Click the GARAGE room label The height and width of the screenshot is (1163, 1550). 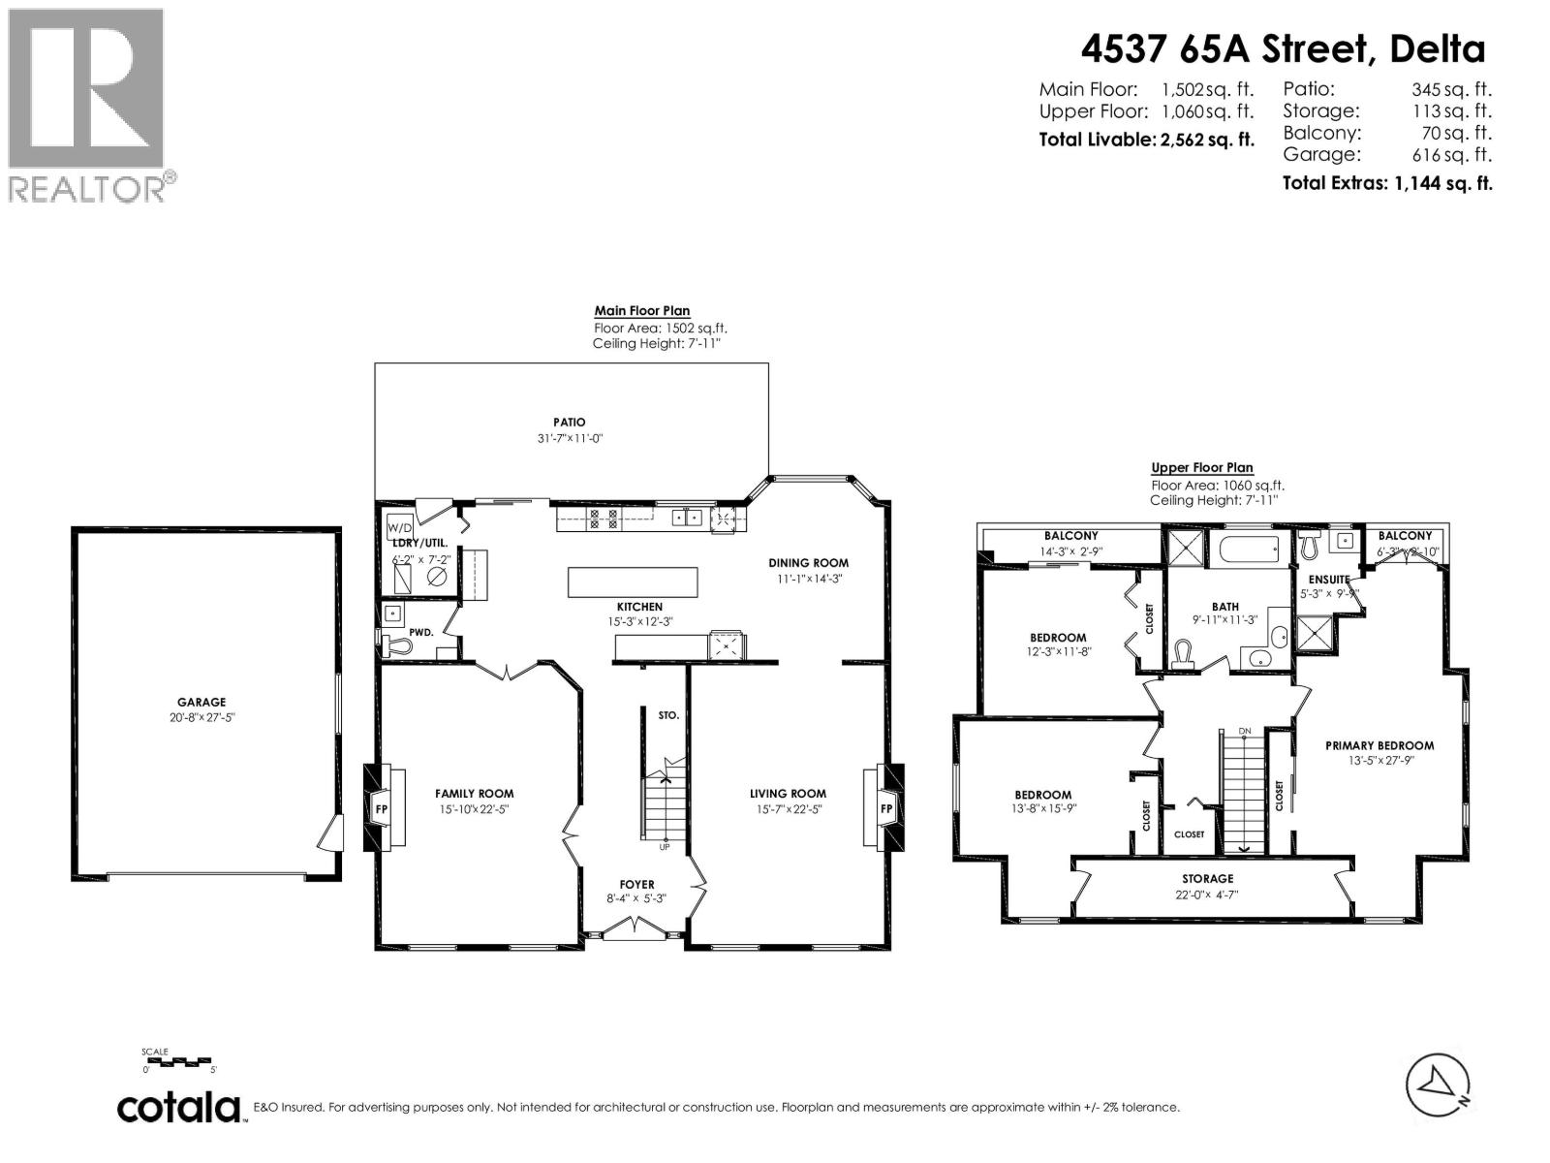201,702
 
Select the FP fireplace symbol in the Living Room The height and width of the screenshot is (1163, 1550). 885,807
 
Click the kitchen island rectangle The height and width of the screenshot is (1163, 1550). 632,582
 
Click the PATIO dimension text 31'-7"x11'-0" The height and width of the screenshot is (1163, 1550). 570,438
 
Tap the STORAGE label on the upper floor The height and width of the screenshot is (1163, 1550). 1207,878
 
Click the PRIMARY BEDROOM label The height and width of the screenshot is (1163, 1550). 1379,745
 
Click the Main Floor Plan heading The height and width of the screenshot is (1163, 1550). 642,311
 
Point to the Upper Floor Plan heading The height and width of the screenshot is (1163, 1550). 1202,467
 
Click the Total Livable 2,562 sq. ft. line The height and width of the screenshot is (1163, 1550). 1146,140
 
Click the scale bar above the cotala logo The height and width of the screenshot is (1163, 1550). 181,1061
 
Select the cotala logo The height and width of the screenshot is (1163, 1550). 180,1107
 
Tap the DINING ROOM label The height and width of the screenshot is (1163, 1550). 808,562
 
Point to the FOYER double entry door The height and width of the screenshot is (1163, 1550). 635,930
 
